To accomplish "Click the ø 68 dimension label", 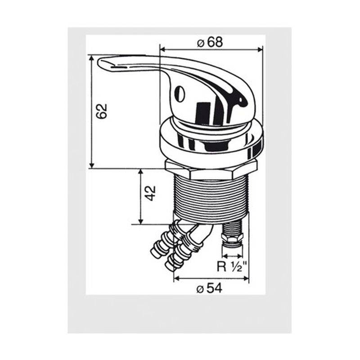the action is tap(210, 42).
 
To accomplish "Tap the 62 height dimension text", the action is tap(102, 111).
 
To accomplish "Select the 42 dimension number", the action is tap(151, 193).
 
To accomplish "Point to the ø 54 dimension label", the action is tap(209, 288).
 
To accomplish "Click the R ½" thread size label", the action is tap(232, 266).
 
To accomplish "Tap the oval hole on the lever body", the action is tap(180, 94).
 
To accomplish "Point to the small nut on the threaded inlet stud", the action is tap(232, 238).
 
